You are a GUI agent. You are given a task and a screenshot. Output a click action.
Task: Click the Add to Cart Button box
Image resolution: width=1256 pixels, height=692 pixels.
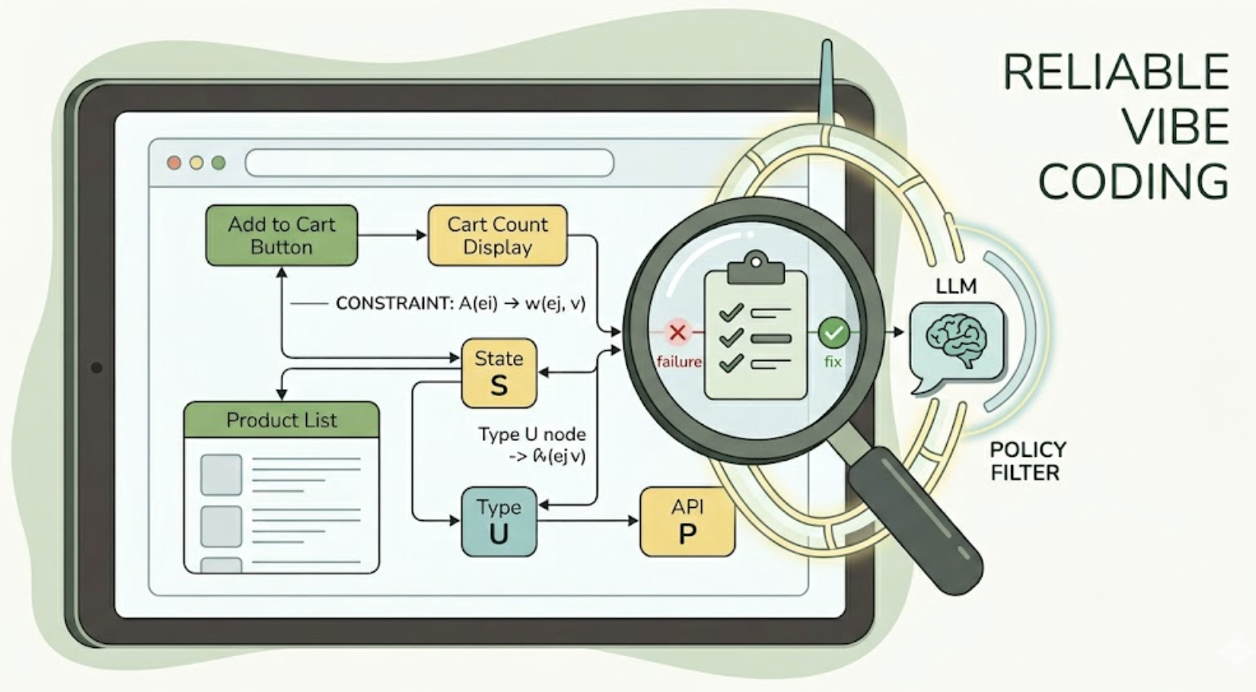[x=281, y=235]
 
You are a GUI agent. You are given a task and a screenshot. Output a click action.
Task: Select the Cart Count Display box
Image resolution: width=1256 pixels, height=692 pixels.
[x=497, y=235]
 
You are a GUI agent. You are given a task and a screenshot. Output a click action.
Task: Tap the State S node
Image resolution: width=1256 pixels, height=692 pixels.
[x=499, y=373]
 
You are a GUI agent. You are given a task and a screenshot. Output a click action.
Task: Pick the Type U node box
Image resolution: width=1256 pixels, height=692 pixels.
[x=499, y=521]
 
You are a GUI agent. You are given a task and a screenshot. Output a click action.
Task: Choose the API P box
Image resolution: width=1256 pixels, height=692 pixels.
[x=687, y=521]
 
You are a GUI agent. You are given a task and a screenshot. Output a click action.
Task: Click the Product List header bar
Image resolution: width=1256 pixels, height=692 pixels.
[x=281, y=419]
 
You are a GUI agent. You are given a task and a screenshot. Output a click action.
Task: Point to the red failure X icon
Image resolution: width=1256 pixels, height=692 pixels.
[x=677, y=332]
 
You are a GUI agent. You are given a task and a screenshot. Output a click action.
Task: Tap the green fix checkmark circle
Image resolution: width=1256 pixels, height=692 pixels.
[x=834, y=332]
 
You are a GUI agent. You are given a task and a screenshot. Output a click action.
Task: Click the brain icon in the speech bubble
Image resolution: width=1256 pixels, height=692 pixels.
[x=956, y=340]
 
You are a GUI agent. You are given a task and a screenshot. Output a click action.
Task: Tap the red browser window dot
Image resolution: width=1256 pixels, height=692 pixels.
[x=174, y=163]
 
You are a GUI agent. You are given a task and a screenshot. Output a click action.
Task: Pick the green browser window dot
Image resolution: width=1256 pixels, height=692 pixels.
[x=218, y=163]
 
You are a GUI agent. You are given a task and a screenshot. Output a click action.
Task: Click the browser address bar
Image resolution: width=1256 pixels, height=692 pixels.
[x=430, y=163]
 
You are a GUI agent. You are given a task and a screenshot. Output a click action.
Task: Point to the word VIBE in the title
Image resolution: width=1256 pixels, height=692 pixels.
[x=1175, y=127]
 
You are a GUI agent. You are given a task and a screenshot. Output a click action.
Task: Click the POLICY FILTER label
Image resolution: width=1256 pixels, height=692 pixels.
[x=1027, y=461]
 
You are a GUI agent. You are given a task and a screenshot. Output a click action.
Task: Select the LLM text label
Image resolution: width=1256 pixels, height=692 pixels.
[x=956, y=286]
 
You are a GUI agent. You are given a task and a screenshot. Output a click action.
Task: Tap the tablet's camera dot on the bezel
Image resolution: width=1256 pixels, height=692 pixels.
[x=96, y=368]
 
